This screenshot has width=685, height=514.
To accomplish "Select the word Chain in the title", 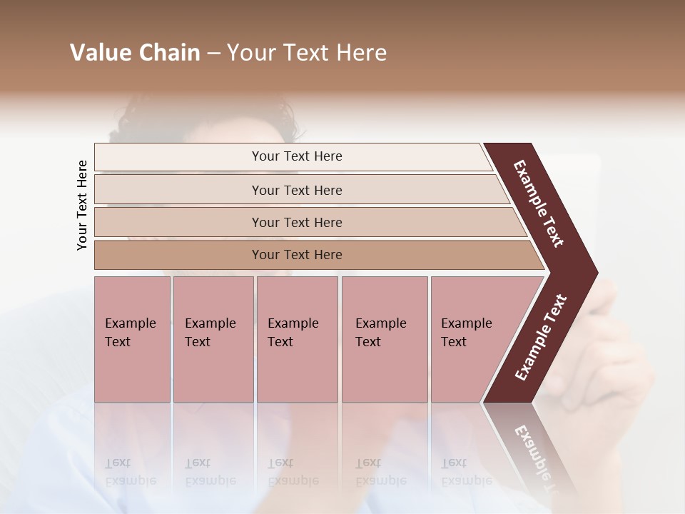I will pyautogui.click(x=168, y=53).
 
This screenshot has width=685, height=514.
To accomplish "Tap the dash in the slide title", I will pyautogui.click(x=213, y=54).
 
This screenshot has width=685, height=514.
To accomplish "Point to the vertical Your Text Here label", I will pyautogui.click(x=82, y=206).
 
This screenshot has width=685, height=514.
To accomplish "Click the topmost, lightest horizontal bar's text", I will pyautogui.click(x=297, y=156).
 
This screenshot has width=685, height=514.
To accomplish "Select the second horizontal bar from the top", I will pyautogui.click(x=297, y=190).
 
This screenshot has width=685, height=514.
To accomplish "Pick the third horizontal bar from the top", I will pyautogui.click(x=297, y=223).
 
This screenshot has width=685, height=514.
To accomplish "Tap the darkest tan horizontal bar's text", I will pyautogui.click(x=297, y=255).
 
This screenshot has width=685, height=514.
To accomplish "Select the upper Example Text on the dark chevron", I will pyautogui.click(x=539, y=203).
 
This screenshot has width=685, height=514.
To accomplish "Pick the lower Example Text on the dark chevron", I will pyautogui.click(x=540, y=338).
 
